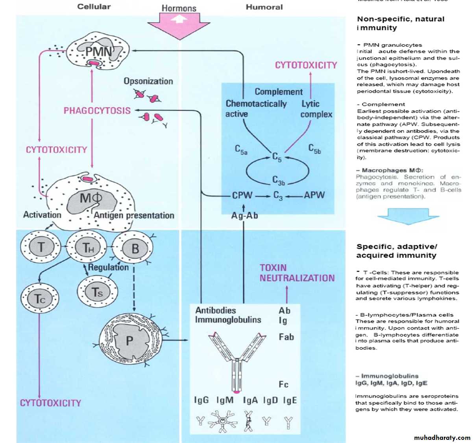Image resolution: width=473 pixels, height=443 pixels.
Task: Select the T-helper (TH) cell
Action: coord(88,248)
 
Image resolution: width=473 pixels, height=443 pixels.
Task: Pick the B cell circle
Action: coord(134,248)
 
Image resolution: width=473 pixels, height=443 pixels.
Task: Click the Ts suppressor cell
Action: coord(97,292)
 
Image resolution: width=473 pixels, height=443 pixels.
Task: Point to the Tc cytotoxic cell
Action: coord(40,299)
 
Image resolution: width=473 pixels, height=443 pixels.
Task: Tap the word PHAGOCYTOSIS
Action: coord(97,111)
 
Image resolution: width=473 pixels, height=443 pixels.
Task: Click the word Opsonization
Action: coord(148,81)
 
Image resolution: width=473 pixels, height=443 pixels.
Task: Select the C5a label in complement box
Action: coord(241,150)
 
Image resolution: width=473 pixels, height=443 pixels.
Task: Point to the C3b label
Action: coord(279,180)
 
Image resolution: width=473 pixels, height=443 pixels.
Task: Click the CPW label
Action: coord(242,195)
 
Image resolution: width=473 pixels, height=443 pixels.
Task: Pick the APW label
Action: coord(314,195)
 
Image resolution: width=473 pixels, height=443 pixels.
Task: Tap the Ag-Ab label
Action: coord(244,215)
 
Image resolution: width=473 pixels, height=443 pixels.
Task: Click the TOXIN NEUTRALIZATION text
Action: coord(297,273)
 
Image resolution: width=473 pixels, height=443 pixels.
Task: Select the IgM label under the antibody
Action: coord(225,400)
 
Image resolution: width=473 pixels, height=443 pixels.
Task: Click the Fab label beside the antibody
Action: coord(286,337)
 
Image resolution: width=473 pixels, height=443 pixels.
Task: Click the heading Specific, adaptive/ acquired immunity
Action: coord(396,251)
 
